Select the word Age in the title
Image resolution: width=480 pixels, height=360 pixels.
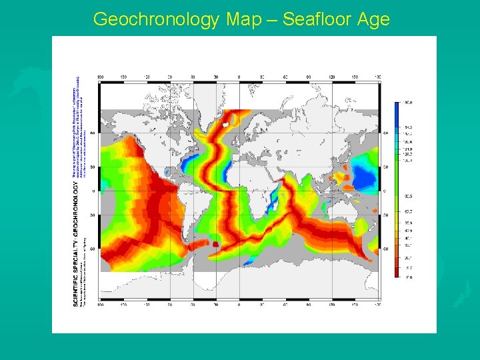click(374, 19)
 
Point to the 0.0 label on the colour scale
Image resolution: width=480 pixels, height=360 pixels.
click(409, 277)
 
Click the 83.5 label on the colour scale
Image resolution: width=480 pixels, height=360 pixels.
click(409, 196)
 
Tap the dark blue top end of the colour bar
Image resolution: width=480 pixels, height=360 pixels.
click(397, 107)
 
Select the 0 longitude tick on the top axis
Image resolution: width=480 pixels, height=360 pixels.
click(239, 77)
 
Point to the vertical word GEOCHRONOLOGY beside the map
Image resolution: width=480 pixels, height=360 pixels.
click(75, 207)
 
